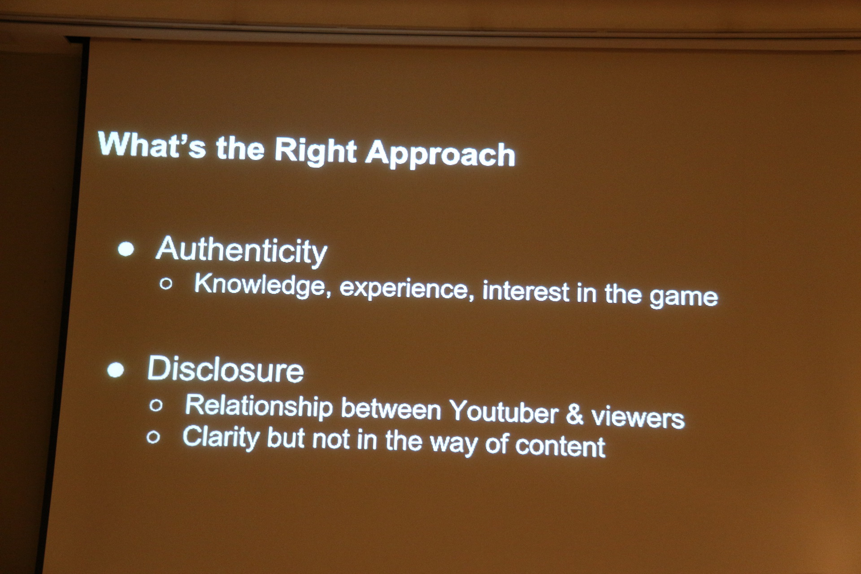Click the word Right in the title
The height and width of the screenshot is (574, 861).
(315, 152)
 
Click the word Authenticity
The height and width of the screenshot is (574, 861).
(242, 251)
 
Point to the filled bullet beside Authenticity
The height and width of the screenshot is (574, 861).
(126, 249)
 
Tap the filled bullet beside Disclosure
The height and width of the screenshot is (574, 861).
(116, 370)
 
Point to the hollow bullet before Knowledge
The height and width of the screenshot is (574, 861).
(166, 283)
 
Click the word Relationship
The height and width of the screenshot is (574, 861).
(259, 407)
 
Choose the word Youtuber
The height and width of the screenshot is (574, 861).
(504, 411)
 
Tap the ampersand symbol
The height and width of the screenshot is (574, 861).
(574, 414)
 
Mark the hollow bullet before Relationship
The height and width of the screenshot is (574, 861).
(156, 405)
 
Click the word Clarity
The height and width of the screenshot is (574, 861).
(221, 437)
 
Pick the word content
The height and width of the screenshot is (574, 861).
(561, 446)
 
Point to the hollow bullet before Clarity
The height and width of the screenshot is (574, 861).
(153, 437)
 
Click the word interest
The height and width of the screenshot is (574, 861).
(526, 291)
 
